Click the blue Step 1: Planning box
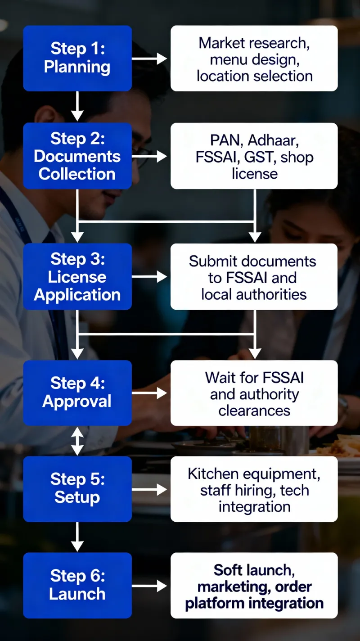click(77, 58)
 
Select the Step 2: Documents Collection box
click(77, 156)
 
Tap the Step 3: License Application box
click(77, 276)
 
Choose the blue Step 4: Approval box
click(77, 393)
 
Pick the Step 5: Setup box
click(77, 488)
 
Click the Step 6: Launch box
click(77, 585)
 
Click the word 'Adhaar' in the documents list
click(273, 140)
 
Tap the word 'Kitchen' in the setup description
click(212, 474)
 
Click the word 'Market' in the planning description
click(220, 43)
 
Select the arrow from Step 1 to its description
click(149, 58)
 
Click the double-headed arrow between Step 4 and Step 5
click(77, 441)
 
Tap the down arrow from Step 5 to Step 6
click(77, 537)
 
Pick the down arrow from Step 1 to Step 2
click(77, 106)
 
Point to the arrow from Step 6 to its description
click(149, 585)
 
